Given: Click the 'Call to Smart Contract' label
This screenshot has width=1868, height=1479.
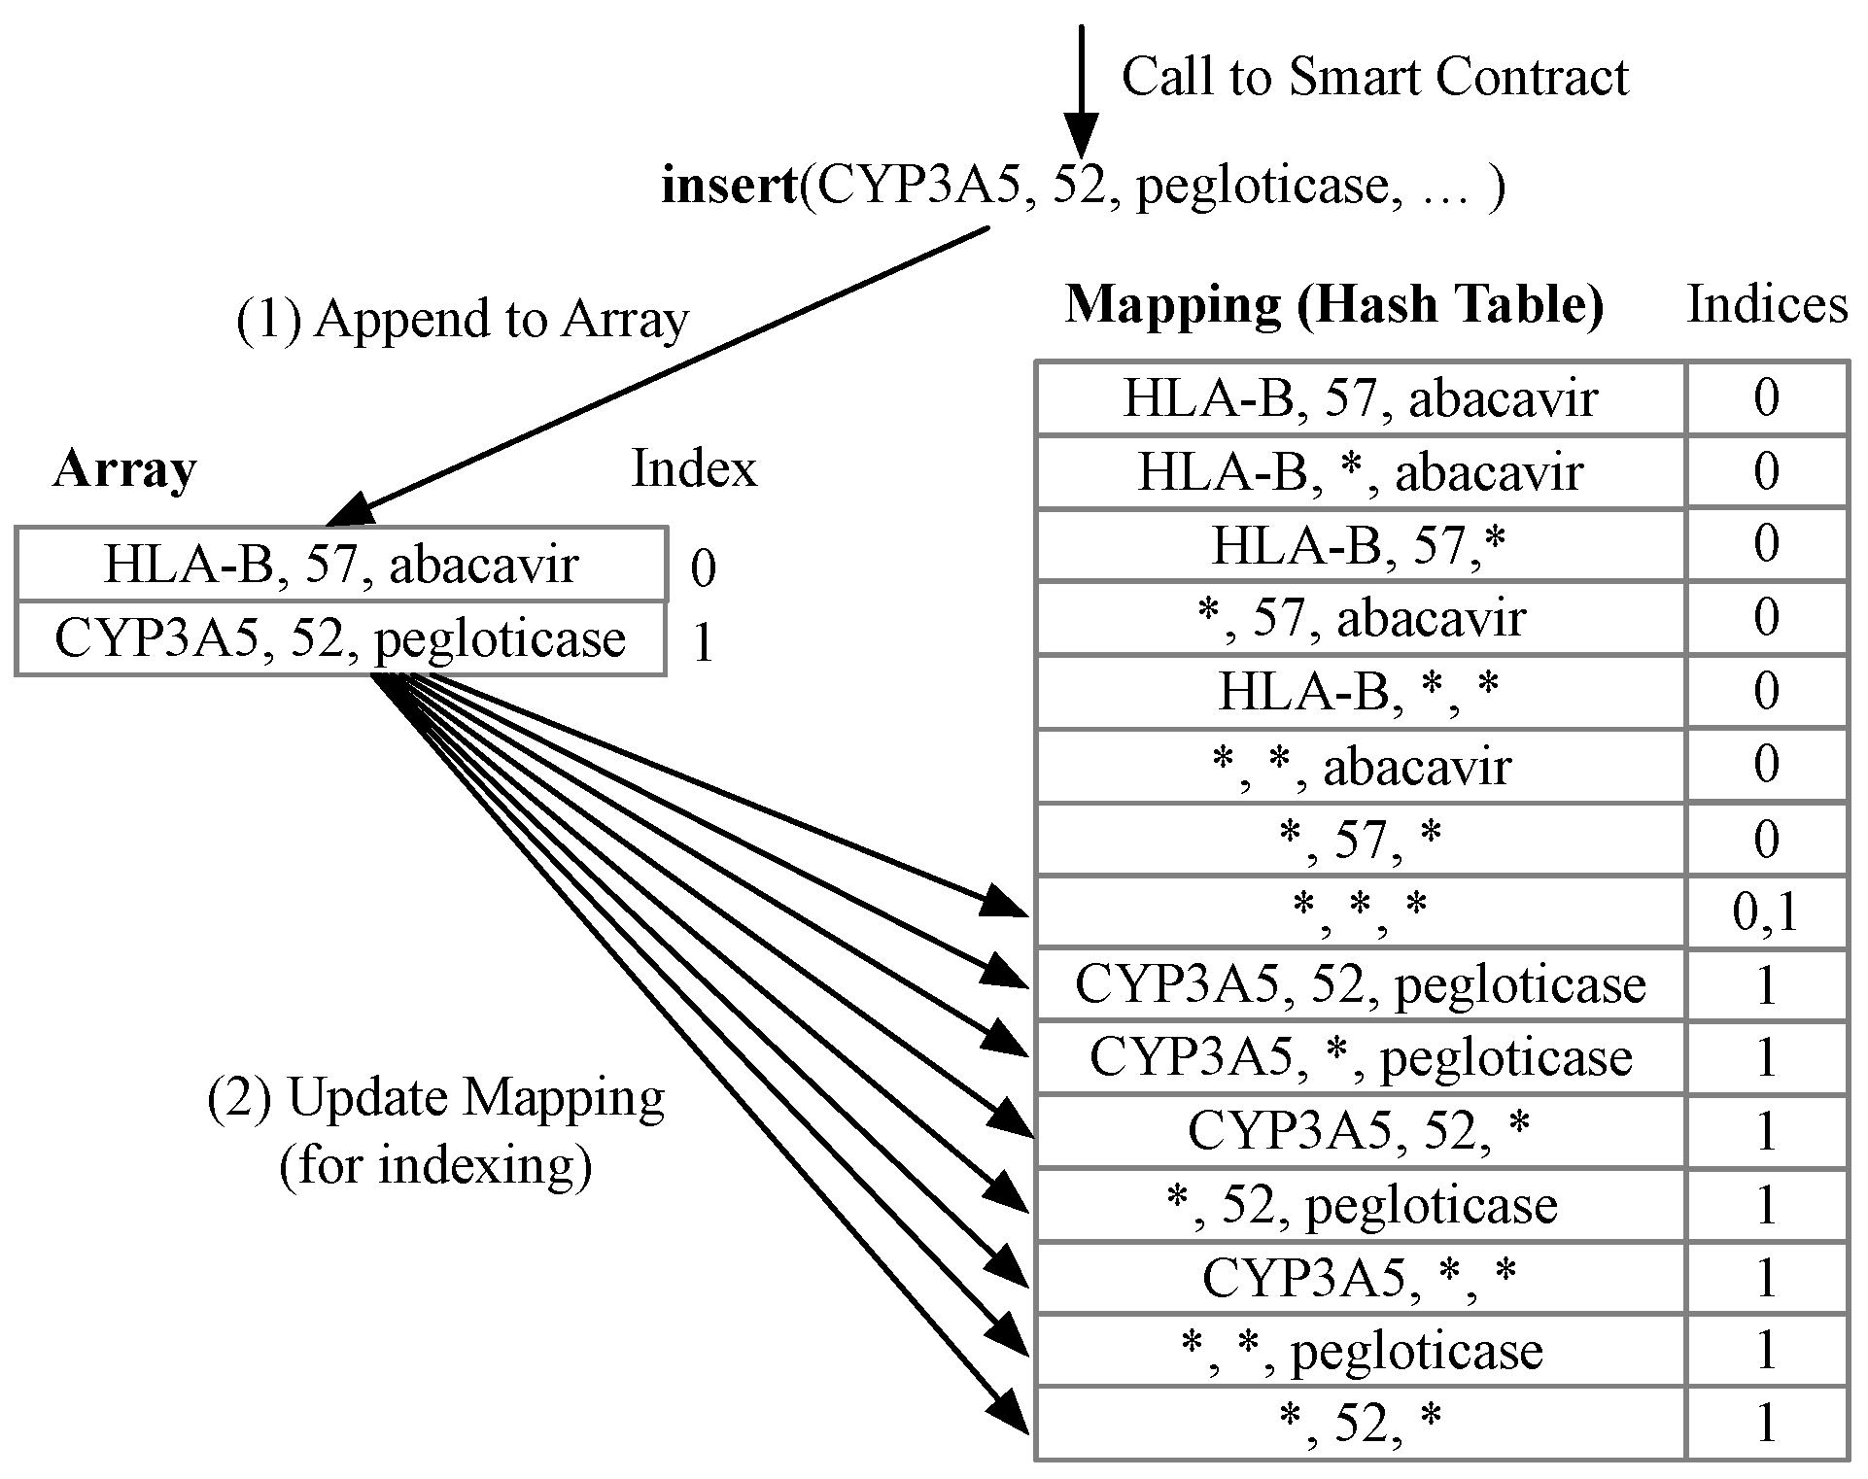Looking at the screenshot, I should coord(1374,77).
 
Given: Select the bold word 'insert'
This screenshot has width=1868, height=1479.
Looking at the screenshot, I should coord(729,185).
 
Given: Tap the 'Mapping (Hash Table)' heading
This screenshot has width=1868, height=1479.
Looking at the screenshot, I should coord(1334,304).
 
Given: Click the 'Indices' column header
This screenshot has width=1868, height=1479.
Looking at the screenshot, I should coord(1766,304).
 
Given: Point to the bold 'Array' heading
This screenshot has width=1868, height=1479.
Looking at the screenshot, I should coord(124,469).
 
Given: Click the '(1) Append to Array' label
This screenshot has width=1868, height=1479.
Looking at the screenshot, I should coord(463,319).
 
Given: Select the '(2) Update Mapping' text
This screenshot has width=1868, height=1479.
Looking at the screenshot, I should coord(436,1098).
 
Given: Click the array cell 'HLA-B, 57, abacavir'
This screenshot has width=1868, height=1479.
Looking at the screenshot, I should coord(341,565).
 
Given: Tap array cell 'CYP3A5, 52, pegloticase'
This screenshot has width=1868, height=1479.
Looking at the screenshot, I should coord(341,638).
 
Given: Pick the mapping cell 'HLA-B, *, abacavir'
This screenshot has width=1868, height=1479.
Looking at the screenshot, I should coord(1360,472).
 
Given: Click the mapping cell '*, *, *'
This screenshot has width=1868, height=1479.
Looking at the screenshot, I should coord(1360,911).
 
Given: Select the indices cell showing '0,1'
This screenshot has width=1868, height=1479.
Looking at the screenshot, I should coord(1765,911).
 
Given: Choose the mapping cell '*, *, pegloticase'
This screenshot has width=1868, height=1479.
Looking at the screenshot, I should coord(1360,1351).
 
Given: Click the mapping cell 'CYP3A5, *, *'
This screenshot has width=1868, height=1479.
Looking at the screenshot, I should coord(1360,1278).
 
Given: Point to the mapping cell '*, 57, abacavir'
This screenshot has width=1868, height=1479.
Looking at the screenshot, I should coord(1360,618).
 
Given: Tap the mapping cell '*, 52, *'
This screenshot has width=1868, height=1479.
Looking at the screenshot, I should coord(1360,1424).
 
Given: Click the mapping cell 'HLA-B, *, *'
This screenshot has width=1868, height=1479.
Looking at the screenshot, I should coord(1360,691).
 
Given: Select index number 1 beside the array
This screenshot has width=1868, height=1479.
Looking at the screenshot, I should coord(702,641).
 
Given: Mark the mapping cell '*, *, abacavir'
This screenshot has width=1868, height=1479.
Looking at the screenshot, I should coord(1360,766).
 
